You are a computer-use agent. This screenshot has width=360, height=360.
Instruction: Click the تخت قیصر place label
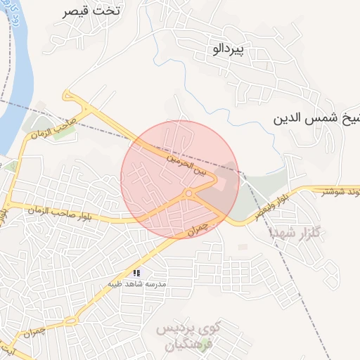point(91,11)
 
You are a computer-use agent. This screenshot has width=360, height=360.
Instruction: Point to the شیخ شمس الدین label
point(316,117)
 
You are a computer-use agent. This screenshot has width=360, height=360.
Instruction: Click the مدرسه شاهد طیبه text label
point(136,283)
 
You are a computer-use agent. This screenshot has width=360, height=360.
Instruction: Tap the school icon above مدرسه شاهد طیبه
point(137,272)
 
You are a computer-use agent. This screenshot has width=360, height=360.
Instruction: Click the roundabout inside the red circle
point(188,193)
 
